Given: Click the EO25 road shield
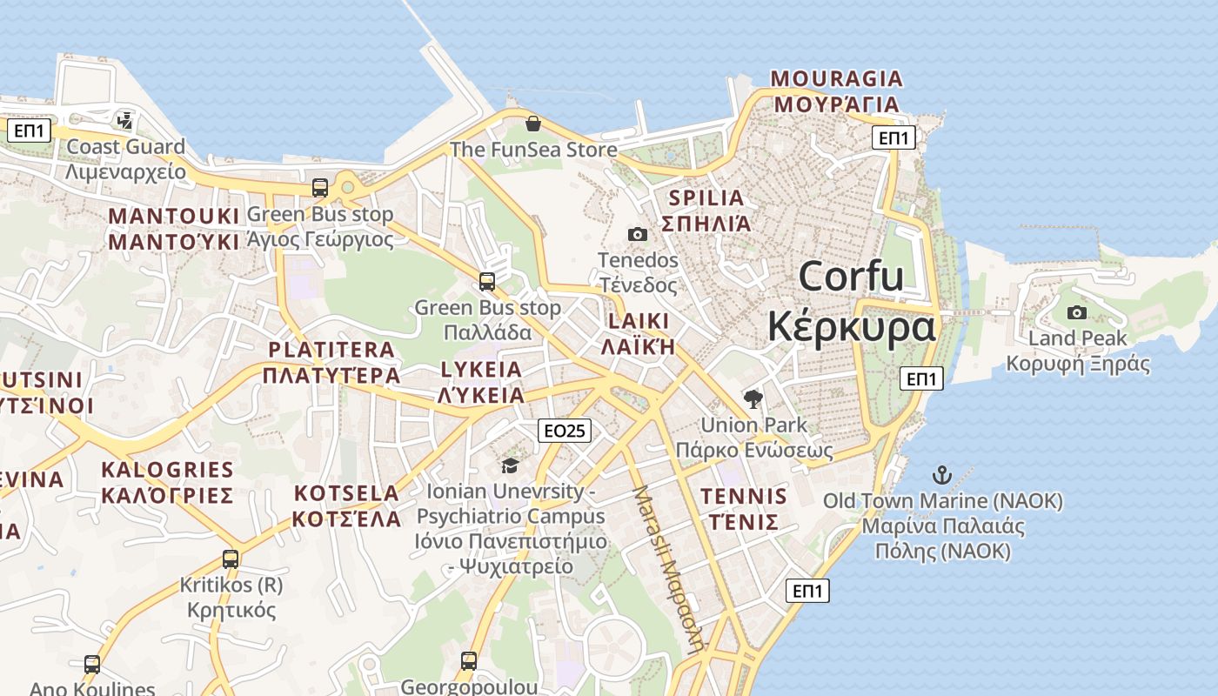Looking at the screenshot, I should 565,430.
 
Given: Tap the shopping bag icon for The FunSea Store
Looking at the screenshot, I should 533,124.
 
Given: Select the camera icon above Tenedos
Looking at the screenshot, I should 638,234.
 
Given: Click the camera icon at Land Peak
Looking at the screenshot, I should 1077,312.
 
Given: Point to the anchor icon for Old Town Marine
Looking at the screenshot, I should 942,475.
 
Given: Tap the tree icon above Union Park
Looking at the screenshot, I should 753,399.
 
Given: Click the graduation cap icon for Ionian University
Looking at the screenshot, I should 510,465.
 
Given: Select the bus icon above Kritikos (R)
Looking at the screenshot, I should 231,559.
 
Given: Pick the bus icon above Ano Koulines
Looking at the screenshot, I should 92,665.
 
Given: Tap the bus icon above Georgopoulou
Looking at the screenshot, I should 469,661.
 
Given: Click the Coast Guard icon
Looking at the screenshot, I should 126,120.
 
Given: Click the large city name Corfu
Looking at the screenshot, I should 851,277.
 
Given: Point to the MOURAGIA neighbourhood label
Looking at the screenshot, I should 837,79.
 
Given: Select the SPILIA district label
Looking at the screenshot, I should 704,198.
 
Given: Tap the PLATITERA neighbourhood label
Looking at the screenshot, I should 331,350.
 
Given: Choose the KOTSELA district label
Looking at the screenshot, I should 346,493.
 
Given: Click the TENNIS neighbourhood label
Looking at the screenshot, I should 744,497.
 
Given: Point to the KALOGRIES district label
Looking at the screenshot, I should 167,470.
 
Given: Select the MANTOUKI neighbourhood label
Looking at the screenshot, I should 173,216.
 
